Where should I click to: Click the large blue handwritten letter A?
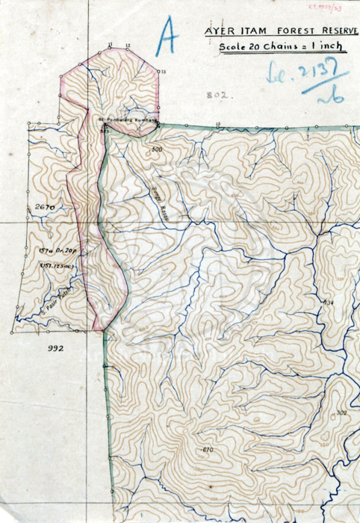point(166,37)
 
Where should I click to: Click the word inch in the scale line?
point(329,46)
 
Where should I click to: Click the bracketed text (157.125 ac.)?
point(54,264)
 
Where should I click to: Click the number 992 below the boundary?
point(56,348)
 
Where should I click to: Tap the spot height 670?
point(207,449)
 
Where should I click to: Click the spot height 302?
point(341,413)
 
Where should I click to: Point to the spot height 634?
point(327,302)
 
